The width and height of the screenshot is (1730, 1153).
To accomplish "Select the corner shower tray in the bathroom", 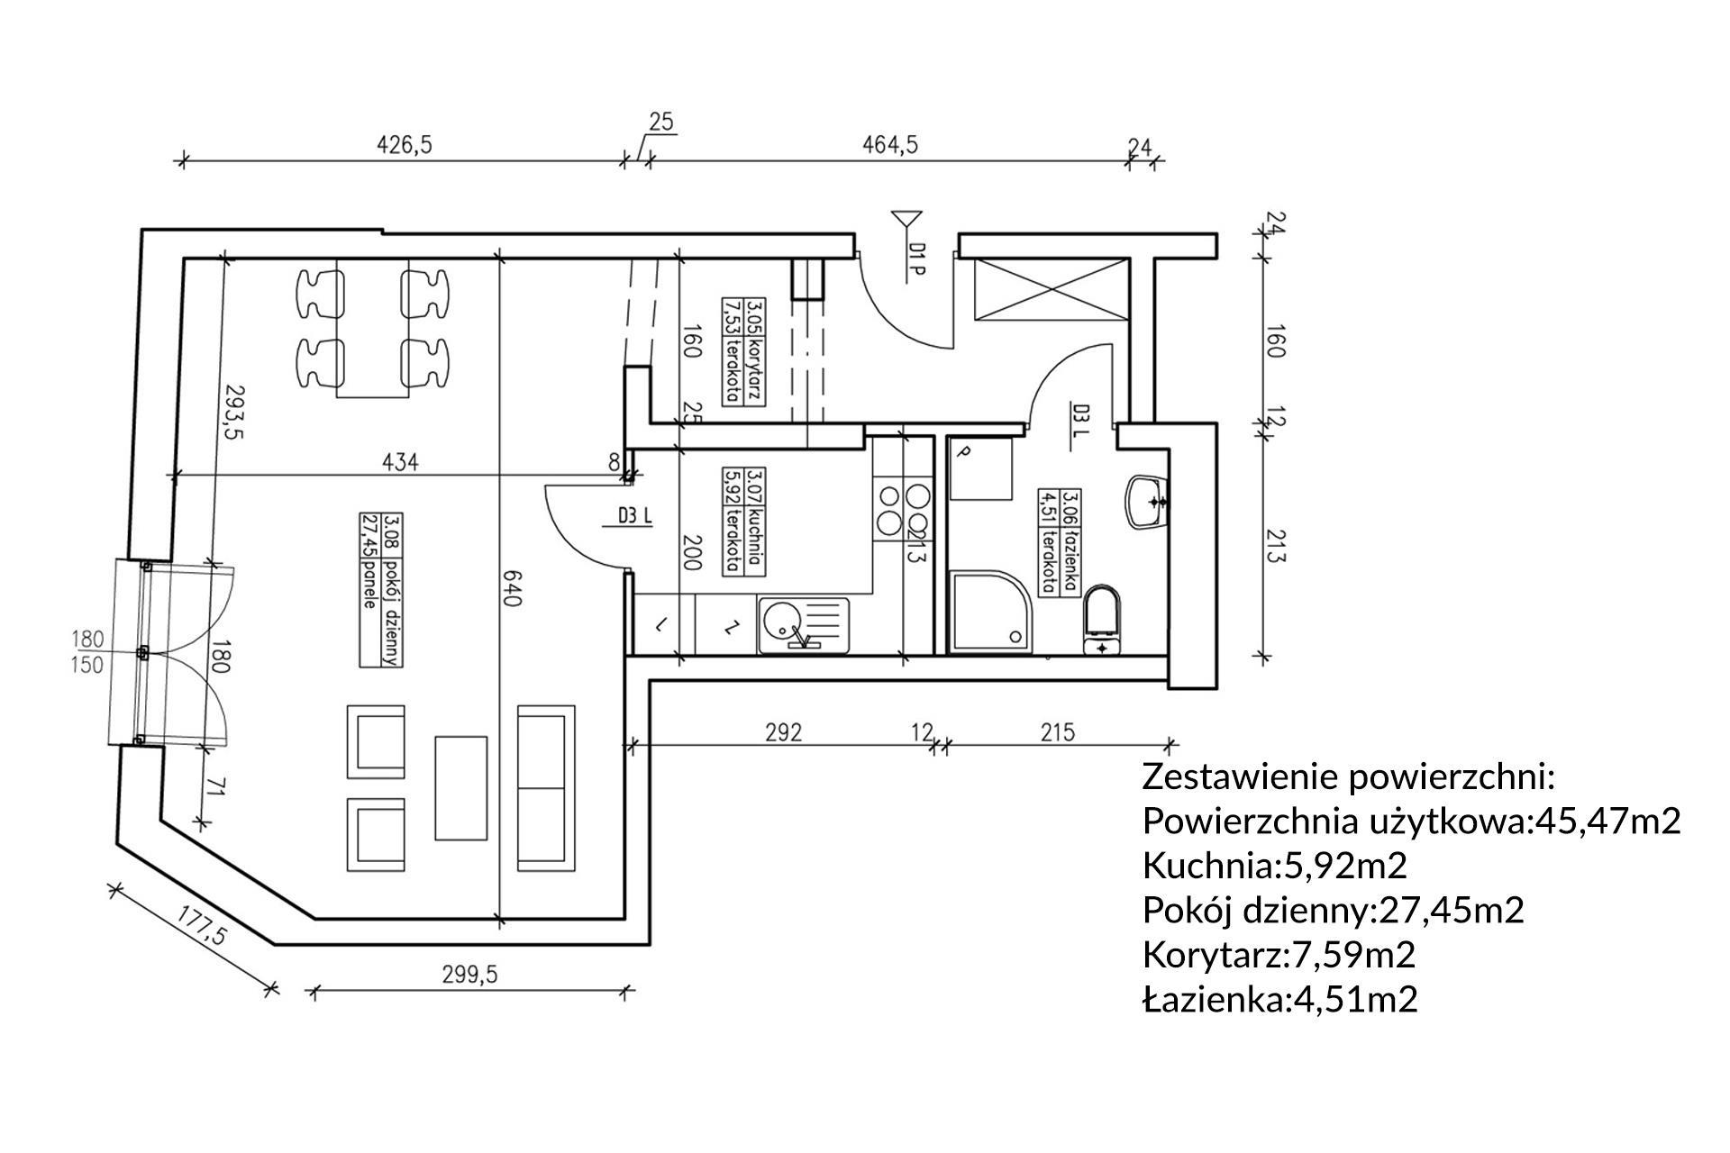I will [x=989, y=611].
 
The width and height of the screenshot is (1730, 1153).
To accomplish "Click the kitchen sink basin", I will [x=780, y=622].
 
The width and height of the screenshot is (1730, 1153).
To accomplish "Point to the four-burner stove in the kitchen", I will [x=904, y=509].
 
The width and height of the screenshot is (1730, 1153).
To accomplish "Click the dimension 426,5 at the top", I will [x=404, y=144].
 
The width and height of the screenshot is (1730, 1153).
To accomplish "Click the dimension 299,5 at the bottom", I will [x=469, y=974].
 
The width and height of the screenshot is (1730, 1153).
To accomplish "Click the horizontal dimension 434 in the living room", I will [x=400, y=462].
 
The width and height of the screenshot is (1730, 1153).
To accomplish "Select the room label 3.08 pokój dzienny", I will [x=379, y=589].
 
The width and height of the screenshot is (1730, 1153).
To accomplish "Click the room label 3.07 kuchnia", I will [x=743, y=521].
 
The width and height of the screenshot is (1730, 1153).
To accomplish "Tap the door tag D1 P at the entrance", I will [x=915, y=261].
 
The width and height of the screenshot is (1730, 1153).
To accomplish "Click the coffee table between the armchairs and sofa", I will [x=461, y=787].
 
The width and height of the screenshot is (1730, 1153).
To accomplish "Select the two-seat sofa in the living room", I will [x=546, y=787].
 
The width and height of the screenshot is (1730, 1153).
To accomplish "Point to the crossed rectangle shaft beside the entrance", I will [x=1050, y=288].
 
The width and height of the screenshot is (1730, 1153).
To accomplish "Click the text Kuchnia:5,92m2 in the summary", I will [x=1274, y=866].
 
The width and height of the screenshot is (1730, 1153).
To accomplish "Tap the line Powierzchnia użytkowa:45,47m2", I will [x=1411, y=821].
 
